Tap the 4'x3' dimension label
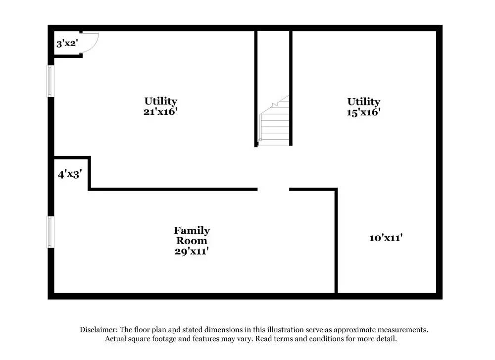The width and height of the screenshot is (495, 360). (x=69, y=174)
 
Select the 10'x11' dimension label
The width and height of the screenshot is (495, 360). (x=386, y=238)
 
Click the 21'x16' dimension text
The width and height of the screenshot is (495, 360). (x=160, y=111)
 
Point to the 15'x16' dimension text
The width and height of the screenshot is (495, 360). (x=363, y=112)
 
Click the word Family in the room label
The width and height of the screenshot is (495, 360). (x=192, y=230)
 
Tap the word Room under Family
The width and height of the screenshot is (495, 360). (x=191, y=241)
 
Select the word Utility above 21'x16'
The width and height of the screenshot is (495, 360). (x=160, y=101)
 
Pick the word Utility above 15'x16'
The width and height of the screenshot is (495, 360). (x=363, y=102)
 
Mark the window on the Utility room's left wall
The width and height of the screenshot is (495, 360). (x=50, y=81)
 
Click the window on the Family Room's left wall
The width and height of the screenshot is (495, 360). (x=50, y=232)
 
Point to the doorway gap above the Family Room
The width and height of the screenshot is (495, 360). (x=273, y=189)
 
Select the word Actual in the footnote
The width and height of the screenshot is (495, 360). (x=117, y=339)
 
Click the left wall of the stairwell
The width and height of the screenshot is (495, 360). (x=256, y=89)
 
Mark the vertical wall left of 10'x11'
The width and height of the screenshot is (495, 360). (x=337, y=241)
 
